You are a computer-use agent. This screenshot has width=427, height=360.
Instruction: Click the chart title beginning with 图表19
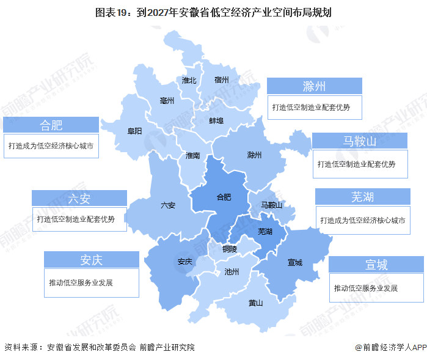[213, 12]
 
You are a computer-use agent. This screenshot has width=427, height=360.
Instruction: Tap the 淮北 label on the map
[189, 81]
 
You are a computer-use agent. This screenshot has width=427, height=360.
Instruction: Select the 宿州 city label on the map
[221, 80]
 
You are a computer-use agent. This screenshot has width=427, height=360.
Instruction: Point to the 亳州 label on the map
[167, 100]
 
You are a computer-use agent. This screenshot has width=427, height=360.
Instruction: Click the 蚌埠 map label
[216, 120]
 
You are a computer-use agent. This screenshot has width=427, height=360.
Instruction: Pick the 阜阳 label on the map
[134, 131]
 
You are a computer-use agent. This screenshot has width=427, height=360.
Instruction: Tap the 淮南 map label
[192, 156]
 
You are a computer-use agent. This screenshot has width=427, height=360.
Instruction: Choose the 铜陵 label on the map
[230, 249]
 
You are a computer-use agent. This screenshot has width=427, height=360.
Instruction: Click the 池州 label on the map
[232, 271]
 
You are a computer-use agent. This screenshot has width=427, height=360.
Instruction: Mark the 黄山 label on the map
[255, 303]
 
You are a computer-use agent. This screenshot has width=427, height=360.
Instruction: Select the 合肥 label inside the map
[224, 197]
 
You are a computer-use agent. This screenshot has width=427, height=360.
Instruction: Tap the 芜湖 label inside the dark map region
[265, 231]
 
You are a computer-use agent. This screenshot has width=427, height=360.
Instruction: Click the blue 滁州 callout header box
[315, 86]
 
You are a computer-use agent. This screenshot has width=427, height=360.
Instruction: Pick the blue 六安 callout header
[79, 198]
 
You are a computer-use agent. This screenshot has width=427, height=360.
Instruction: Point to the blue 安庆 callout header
[91, 259]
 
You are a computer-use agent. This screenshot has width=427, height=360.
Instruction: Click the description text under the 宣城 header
[366, 288]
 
